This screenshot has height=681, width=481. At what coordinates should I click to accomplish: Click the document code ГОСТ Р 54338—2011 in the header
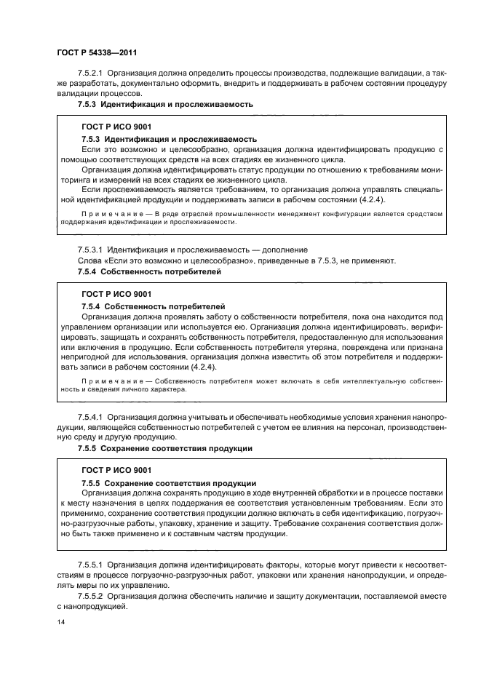coord(97,53)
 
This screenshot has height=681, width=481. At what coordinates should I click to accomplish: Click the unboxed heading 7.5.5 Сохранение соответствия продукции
coord(165,449)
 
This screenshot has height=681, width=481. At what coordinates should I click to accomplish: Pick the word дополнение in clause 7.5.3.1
coord(287,250)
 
